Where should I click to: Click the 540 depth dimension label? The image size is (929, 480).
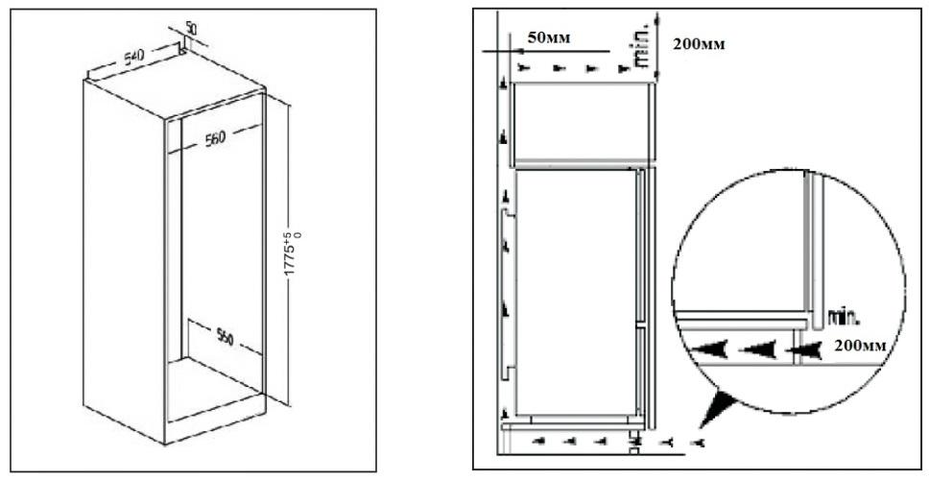click(x=133, y=58)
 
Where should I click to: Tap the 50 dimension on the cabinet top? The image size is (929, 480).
click(x=191, y=27)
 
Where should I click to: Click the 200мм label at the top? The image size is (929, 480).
click(x=699, y=44)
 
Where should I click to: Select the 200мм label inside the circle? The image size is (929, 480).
click(x=860, y=346)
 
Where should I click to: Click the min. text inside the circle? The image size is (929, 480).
click(x=843, y=319)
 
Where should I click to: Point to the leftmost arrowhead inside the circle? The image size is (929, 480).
click(x=710, y=350)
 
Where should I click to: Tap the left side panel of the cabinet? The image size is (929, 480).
click(x=123, y=261)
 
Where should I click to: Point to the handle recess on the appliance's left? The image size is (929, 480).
click(x=506, y=294)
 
